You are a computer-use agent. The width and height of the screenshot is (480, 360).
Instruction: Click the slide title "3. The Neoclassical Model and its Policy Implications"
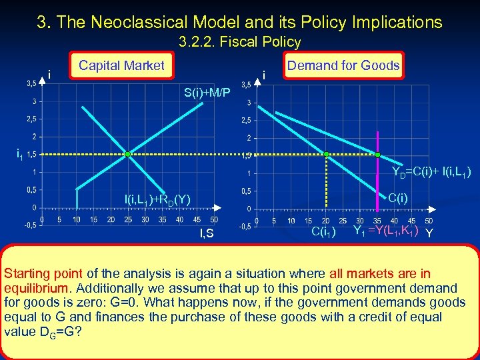click(x=239, y=22)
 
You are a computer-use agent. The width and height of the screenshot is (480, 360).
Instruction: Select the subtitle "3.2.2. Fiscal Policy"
click(x=239, y=43)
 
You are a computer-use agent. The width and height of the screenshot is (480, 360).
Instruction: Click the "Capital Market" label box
click(x=121, y=65)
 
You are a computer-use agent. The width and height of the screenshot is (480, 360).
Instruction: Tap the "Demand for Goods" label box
click(x=343, y=65)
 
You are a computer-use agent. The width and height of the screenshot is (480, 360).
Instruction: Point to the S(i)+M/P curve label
click(x=207, y=92)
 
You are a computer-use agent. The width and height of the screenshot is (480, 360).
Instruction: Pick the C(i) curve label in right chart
click(x=399, y=198)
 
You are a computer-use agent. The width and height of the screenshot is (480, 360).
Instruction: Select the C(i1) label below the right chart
click(x=323, y=232)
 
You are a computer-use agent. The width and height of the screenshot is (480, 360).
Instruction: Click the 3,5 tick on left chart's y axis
click(x=31, y=84)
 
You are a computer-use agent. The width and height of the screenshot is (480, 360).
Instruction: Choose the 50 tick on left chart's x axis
click(x=213, y=219)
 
